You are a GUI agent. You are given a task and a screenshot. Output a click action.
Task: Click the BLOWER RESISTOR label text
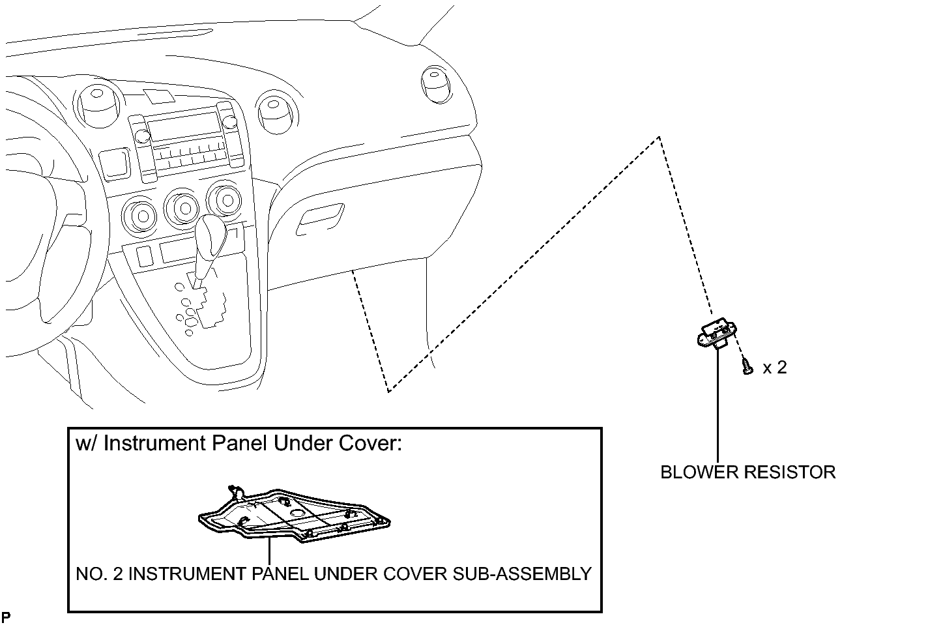point(747,472)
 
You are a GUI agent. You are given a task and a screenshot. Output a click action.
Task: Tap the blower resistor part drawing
point(718,334)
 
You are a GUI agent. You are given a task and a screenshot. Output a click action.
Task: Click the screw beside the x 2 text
point(747,367)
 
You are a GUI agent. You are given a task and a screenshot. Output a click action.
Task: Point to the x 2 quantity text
point(775,368)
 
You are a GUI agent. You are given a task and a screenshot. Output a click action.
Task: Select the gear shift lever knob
point(211,236)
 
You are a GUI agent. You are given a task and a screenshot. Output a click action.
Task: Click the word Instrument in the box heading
point(155,443)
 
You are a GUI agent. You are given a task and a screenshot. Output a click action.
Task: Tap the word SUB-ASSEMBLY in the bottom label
point(522,574)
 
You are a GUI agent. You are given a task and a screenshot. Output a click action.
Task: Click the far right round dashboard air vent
point(436,83)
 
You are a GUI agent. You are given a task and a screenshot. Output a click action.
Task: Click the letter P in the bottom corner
point(6,617)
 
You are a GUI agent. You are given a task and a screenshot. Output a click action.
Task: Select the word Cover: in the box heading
point(370,443)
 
